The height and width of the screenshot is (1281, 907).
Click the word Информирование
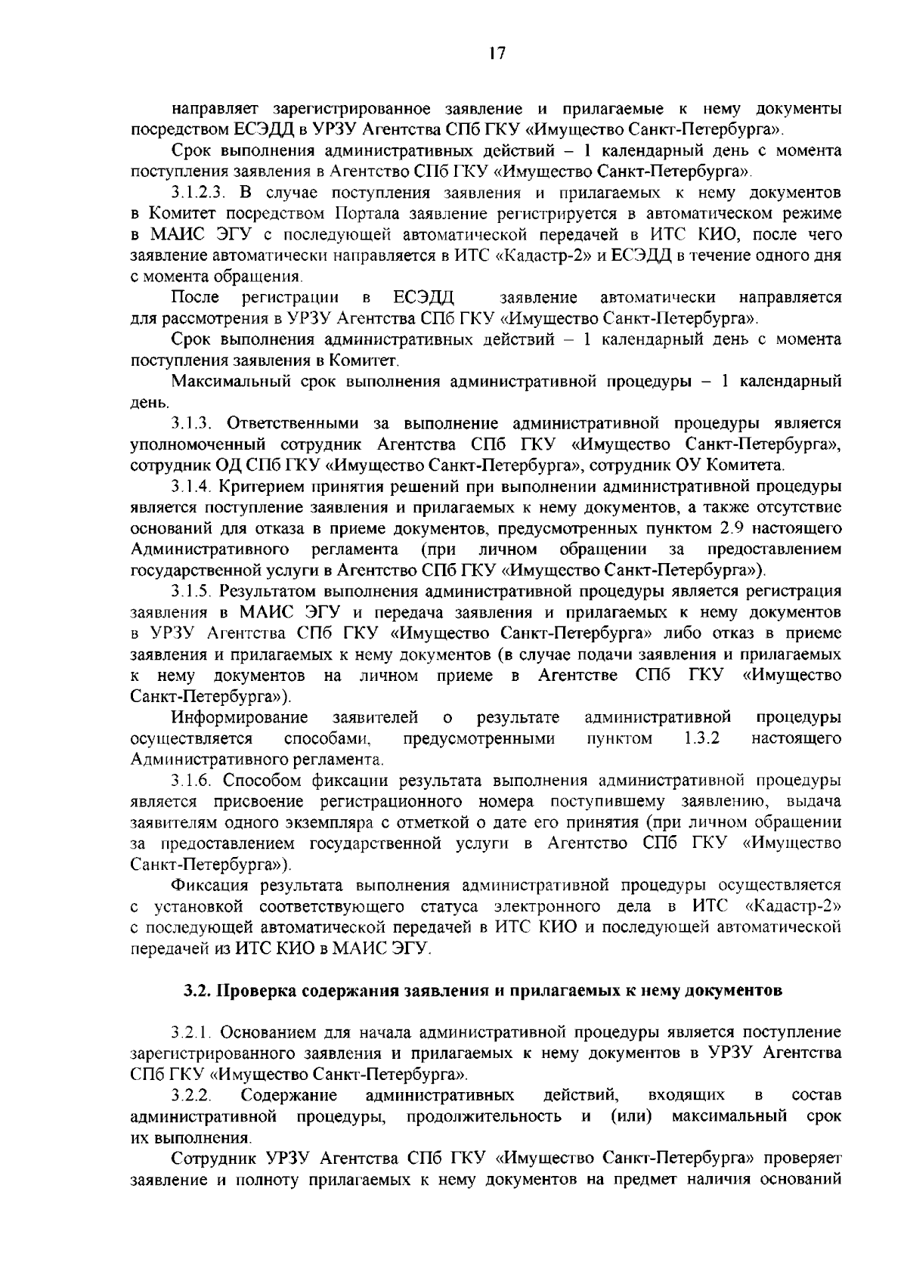(x=240, y=716)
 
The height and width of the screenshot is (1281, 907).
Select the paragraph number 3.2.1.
(x=193, y=1032)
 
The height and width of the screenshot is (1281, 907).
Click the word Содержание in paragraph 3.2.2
(x=288, y=1095)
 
